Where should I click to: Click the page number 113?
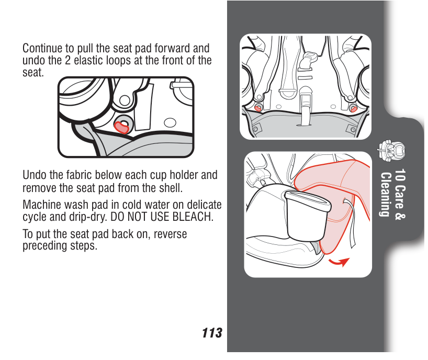[x=212, y=333]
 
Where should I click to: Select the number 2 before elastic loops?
[x=67, y=60]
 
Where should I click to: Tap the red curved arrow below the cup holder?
[x=339, y=262]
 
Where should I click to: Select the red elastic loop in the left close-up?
[x=121, y=128]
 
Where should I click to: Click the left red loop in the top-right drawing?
[x=257, y=108]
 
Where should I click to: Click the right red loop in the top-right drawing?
[x=354, y=109]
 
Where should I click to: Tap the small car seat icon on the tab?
[x=391, y=150]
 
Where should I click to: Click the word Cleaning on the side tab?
[x=385, y=194]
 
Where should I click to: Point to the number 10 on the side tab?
[x=400, y=175]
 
